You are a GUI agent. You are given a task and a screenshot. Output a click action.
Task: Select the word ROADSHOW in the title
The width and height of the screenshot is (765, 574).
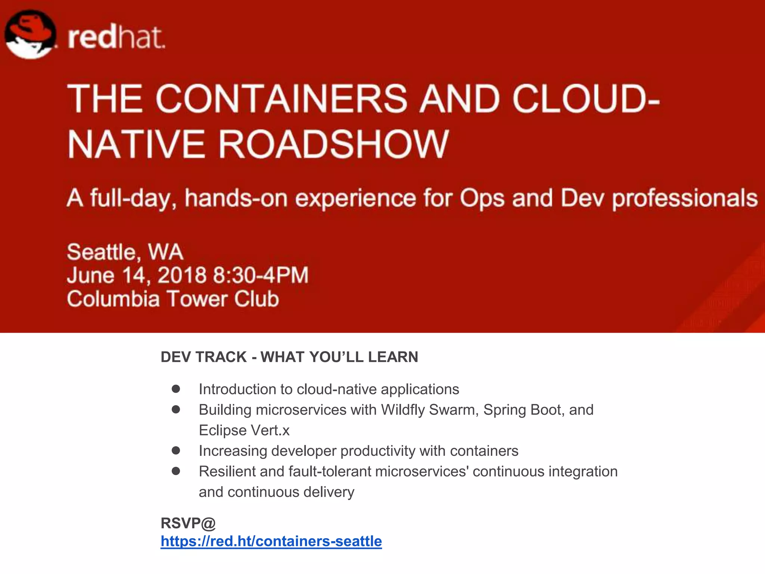point(332,144)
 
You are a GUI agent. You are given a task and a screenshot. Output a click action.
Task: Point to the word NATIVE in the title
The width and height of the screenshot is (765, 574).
point(136,144)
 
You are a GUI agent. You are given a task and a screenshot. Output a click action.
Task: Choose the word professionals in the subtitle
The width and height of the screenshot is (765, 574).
point(685,198)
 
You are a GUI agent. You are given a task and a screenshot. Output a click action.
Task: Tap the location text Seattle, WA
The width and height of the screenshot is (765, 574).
point(125,252)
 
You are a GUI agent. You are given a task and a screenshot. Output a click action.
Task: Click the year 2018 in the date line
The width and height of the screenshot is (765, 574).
point(182,275)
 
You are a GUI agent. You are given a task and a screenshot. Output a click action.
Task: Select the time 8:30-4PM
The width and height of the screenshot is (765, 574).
point(261,275)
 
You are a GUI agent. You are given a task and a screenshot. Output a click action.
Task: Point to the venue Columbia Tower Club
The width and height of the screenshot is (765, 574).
point(173,299)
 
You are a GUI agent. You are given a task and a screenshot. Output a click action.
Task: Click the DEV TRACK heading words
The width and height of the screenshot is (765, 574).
point(204,357)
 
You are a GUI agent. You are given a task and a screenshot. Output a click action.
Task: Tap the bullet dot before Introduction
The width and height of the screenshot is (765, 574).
point(176,389)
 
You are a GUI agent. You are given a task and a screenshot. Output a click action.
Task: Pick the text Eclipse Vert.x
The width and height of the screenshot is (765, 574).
point(244,430)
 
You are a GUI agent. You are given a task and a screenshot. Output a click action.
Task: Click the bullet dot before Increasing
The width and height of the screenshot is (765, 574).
point(176,451)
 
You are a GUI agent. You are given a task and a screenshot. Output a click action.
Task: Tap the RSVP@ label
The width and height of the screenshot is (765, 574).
point(188,523)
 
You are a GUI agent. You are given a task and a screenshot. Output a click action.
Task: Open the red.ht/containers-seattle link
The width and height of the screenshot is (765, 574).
point(271,541)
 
